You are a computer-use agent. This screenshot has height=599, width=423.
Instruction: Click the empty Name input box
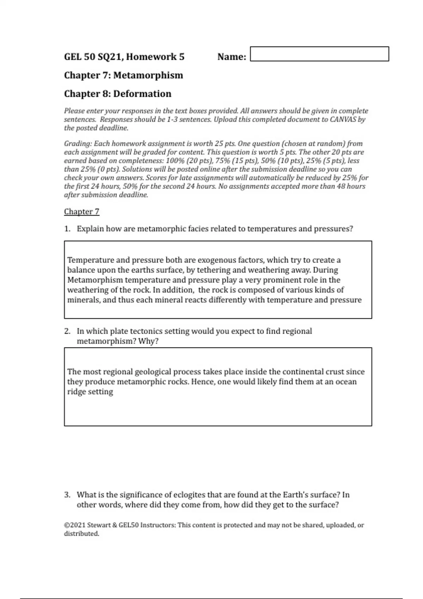319,54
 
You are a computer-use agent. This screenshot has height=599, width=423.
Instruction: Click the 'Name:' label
232,57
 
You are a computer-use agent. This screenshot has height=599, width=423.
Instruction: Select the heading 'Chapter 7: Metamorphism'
123,75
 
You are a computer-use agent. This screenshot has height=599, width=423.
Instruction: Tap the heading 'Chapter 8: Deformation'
117,94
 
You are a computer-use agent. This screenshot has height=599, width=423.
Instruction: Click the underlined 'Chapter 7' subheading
81,211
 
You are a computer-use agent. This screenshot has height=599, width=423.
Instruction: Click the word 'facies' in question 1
197,229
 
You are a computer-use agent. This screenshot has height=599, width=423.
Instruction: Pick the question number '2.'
67,331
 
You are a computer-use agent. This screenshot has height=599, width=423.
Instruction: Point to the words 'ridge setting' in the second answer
90,391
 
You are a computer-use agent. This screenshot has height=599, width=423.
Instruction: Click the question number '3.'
67,495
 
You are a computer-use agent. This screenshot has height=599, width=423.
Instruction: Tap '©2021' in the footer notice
74,525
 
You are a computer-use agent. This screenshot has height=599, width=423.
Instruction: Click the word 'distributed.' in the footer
81,533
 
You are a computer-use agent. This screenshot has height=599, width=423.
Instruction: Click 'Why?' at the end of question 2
148,341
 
